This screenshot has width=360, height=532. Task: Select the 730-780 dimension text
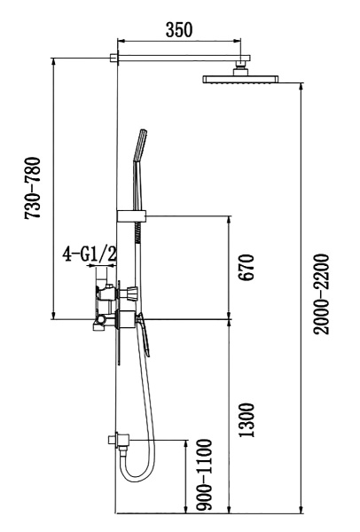point(33,192)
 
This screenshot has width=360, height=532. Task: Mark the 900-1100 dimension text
point(205,474)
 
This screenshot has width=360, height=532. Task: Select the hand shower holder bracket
point(130,215)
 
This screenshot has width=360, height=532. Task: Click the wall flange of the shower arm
point(114,59)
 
